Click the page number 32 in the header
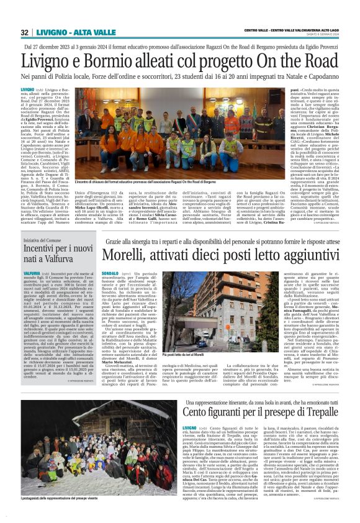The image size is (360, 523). pos(25,32)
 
